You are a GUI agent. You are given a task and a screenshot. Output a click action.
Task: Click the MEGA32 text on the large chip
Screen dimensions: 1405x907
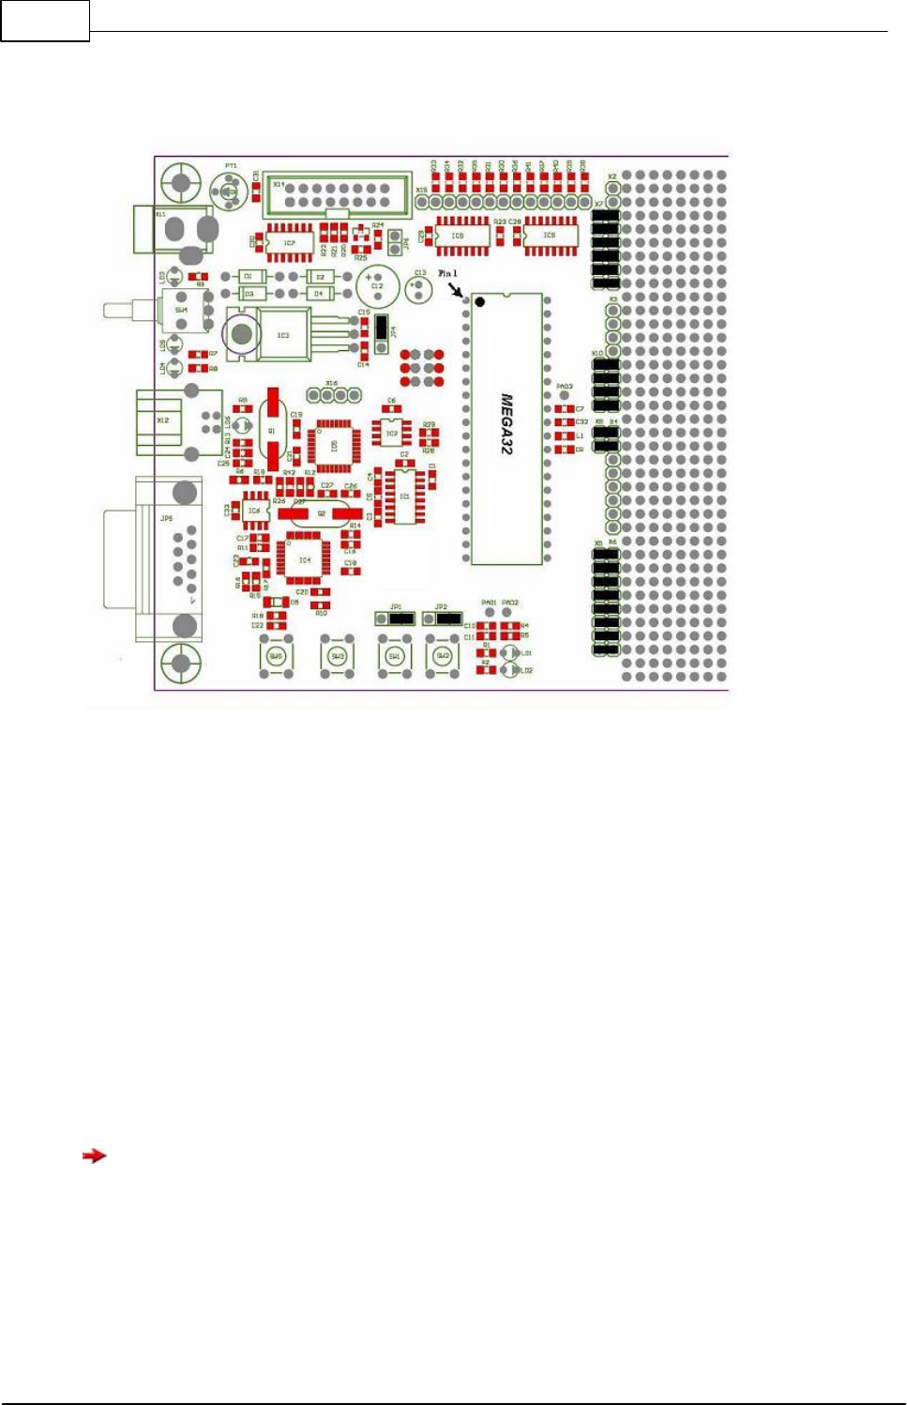(x=506, y=424)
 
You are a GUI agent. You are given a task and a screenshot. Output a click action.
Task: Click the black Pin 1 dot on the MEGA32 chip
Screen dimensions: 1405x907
(x=480, y=302)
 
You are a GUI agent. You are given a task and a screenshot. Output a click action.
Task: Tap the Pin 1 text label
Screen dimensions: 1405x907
(x=447, y=273)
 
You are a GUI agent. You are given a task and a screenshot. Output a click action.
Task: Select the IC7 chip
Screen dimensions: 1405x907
(x=289, y=242)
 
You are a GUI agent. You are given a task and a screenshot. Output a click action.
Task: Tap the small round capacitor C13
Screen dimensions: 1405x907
(x=418, y=286)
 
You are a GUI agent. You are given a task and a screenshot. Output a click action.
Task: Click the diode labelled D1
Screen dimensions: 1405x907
(x=249, y=277)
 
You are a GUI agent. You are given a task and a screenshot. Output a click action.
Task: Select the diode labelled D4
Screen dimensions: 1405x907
(x=319, y=294)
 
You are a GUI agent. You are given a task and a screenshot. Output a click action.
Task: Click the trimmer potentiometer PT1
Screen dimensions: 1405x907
(x=228, y=192)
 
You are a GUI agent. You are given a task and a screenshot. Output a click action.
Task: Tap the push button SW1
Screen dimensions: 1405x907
(x=395, y=656)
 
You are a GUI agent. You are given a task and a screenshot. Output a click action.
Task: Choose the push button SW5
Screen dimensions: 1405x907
(x=276, y=656)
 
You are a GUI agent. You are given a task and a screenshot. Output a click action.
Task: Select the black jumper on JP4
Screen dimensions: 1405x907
(x=381, y=328)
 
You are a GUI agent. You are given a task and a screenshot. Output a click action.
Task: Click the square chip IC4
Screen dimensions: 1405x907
(x=304, y=559)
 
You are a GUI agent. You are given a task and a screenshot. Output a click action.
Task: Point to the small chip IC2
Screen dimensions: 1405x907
(x=392, y=433)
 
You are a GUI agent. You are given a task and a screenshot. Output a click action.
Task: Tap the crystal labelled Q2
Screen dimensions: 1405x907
(x=321, y=513)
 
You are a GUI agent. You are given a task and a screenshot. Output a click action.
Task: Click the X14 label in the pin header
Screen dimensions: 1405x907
(x=279, y=185)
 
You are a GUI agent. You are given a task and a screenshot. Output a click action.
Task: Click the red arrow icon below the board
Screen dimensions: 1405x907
(x=94, y=1155)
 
